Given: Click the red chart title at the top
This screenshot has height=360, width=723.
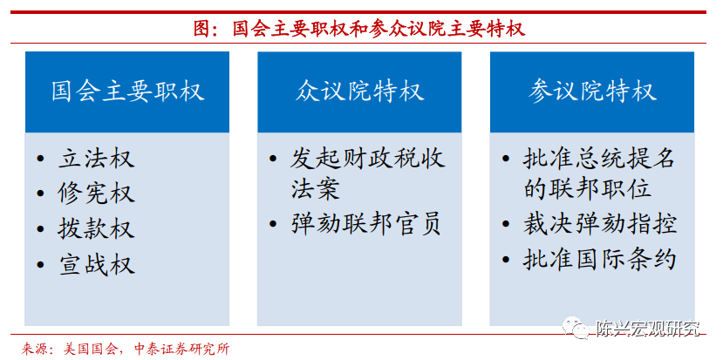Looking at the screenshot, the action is point(359,29).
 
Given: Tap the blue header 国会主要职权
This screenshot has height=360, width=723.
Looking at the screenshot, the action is point(127,92).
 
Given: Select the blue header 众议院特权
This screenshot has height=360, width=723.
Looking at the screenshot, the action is point(359,92).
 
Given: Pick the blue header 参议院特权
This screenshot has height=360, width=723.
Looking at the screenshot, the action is point(592,92).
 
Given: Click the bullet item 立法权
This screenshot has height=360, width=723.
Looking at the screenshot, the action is point(96,159).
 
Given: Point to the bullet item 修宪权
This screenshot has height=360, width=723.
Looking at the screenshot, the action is point(96,194).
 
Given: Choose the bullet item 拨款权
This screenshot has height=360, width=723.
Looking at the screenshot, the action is point(96,229).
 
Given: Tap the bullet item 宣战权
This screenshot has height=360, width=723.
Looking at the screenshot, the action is point(96,265).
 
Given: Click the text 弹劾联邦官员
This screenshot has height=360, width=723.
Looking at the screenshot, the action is point(367,225).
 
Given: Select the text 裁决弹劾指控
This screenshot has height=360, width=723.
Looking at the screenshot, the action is point(600,225).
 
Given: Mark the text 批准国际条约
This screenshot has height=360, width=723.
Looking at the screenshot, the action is point(600,259).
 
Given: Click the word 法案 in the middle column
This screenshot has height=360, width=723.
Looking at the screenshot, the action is point(316,189).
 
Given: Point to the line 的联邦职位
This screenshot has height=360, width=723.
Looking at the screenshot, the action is point(588,189).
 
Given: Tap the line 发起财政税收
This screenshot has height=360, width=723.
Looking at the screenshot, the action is point(368,159).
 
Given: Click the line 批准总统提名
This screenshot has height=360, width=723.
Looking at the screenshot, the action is point(599,159).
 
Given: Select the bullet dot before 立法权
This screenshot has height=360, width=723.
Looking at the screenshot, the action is point(41,159).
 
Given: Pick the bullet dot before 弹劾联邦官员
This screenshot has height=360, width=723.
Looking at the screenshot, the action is point(273,225).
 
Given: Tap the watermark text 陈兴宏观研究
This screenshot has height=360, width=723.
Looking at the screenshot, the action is point(648,329).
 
